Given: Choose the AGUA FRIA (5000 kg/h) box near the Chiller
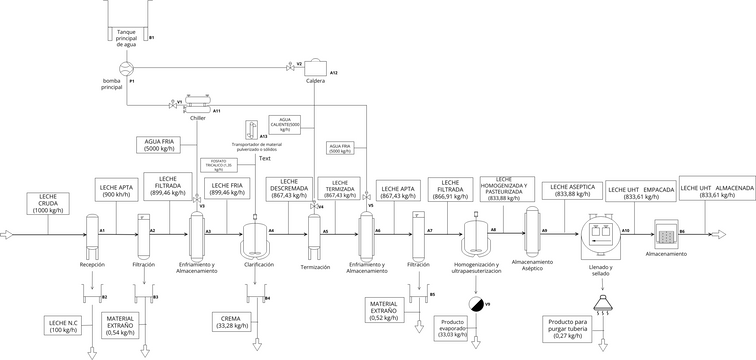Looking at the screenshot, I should tap(163, 145).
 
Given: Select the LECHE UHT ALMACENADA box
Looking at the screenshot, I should tap(715, 190).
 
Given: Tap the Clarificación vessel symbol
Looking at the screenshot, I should tap(253, 240).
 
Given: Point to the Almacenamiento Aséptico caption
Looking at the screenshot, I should tap(540, 264).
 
